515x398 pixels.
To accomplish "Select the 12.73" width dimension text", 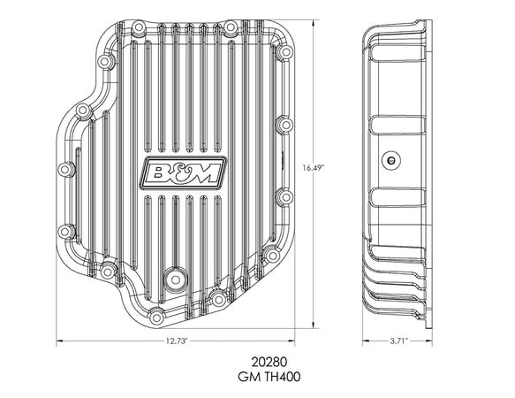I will click(176, 341).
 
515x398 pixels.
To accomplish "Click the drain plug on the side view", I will click(390, 161).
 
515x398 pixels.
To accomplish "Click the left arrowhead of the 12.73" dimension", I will click(60, 341).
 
